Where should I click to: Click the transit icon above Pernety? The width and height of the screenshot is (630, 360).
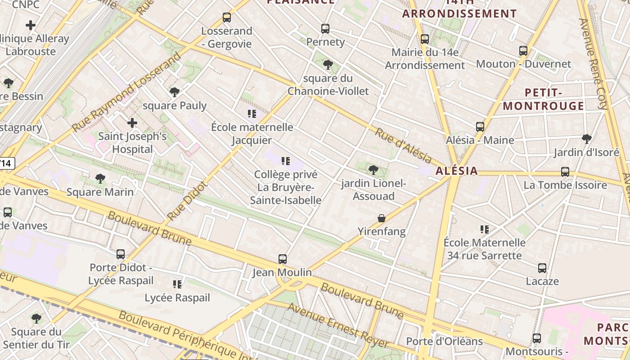pos(325,29)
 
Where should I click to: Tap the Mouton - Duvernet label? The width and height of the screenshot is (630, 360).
pos(523,64)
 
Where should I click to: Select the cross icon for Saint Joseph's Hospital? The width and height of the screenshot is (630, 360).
pos(132,122)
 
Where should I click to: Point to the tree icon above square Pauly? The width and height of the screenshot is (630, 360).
pos(175,92)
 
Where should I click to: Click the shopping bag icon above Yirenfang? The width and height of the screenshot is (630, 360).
pos(382,218)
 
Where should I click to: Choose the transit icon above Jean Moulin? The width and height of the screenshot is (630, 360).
pos(282,259)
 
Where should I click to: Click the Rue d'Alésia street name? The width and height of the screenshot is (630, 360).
pos(403,145)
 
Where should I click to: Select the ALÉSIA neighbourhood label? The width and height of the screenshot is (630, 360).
pos(456,171)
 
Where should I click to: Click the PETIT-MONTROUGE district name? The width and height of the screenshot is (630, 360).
pos(543,99)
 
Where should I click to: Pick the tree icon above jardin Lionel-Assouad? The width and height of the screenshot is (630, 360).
pos(373,170)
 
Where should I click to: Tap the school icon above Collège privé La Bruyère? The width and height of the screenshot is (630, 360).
pos(285,161)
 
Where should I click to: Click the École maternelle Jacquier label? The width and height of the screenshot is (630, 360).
pos(252,134)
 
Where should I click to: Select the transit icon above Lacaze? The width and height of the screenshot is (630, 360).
pos(542,268)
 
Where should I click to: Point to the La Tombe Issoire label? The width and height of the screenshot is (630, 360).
pos(565,185)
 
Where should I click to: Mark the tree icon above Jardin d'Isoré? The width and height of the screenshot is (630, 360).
pos(586,139)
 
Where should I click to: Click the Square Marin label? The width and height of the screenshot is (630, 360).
pos(100,192)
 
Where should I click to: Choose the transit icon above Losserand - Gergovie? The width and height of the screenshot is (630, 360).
pos(227,18)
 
